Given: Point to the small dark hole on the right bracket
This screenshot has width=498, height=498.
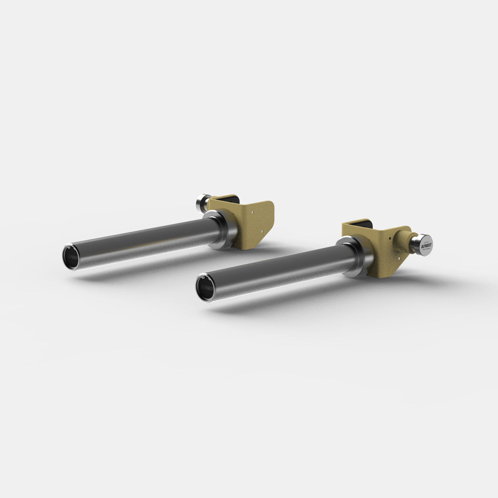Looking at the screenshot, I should (x=390, y=238).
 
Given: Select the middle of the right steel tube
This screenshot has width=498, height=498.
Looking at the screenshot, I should (x=274, y=268).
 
